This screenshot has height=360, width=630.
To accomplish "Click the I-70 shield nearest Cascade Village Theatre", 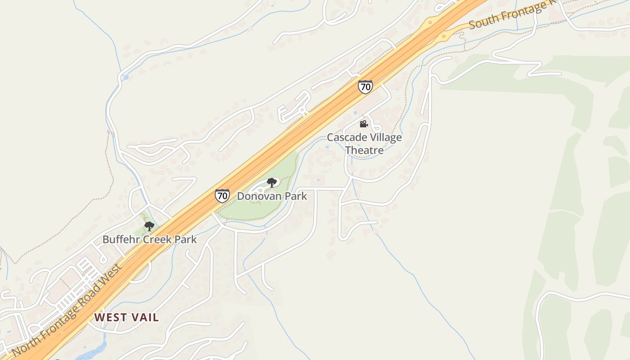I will [365, 86].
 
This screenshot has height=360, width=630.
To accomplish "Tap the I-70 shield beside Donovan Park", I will [222, 195].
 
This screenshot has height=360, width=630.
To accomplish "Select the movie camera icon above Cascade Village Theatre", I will [364, 124].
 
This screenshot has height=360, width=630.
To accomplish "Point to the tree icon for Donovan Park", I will [271, 182].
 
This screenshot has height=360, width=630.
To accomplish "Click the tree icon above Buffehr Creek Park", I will [149, 226].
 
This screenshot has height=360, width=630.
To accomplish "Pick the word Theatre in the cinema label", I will [364, 150].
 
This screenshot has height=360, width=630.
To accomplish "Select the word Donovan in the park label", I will [259, 196].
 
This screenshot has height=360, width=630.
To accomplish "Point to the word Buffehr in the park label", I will [121, 239].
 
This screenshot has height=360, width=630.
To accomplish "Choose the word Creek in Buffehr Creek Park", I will [157, 239].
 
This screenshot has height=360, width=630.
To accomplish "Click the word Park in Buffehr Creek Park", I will [186, 239].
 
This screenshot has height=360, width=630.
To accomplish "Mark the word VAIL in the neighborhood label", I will [145, 317].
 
